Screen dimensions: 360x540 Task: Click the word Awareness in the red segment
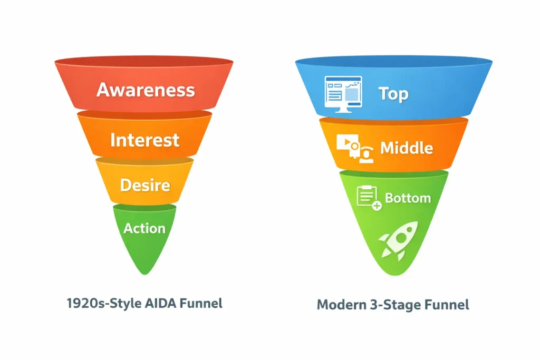[146, 90]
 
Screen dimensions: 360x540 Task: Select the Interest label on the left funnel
[144, 140]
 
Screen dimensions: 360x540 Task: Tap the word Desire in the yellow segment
[145, 185]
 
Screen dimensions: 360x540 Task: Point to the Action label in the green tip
[144, 228]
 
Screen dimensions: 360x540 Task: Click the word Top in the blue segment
[393, 94]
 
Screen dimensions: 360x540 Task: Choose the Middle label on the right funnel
[407, 148]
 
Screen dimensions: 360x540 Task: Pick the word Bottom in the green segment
[408, 198]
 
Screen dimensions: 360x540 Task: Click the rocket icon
[399, 240]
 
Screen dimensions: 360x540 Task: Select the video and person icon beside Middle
[355, 148]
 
